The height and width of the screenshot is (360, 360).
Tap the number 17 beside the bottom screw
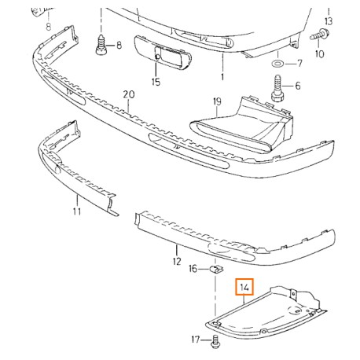(194, 340)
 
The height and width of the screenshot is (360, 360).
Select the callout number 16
(192, 270)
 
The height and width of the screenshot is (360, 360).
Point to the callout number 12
(176, 262)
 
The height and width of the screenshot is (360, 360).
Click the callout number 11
(76, 211)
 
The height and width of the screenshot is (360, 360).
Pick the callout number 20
(129, 94)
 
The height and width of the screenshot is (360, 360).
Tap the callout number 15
(156, 81)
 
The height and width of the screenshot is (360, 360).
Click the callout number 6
(298, 86)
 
